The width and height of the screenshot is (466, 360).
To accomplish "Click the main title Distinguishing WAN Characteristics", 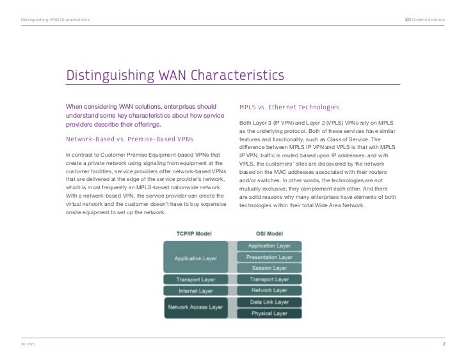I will pos(175,76).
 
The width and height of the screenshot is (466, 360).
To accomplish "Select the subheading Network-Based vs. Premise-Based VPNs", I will pos(130,139).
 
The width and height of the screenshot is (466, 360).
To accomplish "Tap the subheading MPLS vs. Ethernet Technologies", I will pos(289,107).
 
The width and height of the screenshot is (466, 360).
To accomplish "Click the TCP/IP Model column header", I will pos(196,233).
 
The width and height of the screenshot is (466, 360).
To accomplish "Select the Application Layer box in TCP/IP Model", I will pos(196,258).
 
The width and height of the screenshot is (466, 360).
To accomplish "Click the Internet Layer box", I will pos(196,291).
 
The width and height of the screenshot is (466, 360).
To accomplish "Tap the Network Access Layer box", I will pos(196,307).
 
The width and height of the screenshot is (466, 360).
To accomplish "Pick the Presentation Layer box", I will pos(269,256).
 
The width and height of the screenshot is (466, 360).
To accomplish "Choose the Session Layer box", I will pos(269,268).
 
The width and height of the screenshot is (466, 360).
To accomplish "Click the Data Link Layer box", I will pos(269,302).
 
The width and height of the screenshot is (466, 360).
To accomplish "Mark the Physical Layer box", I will pos(269,313).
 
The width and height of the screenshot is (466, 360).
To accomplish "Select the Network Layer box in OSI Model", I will pos(269,290).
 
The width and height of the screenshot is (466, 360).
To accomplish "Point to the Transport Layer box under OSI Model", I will pos(269,279).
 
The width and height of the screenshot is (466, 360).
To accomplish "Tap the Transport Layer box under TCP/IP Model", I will pos(196,279).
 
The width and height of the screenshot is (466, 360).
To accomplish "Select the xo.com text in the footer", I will pos(27,345).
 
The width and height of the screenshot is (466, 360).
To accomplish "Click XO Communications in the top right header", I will pos(425,20).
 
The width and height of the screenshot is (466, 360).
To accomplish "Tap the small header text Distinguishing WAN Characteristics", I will pos(55,20).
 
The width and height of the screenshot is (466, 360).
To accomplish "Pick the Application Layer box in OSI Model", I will pos(269,246).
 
